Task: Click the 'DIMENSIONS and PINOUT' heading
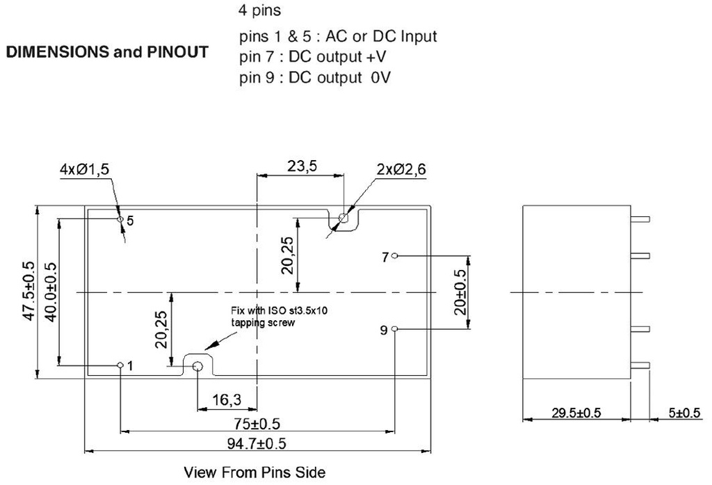[x=107, y=53]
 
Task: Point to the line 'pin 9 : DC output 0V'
[x=315, y=77]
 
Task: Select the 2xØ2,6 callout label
[x=400, y=168]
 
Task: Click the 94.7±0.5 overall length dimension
[x=258, y=443]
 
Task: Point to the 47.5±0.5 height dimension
[x=29, y=291]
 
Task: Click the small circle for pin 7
[x=395, y=256]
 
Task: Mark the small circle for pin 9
[x=395, y=329]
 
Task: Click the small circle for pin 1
[x=121, y=365]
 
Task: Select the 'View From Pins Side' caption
[x=254, y=472]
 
